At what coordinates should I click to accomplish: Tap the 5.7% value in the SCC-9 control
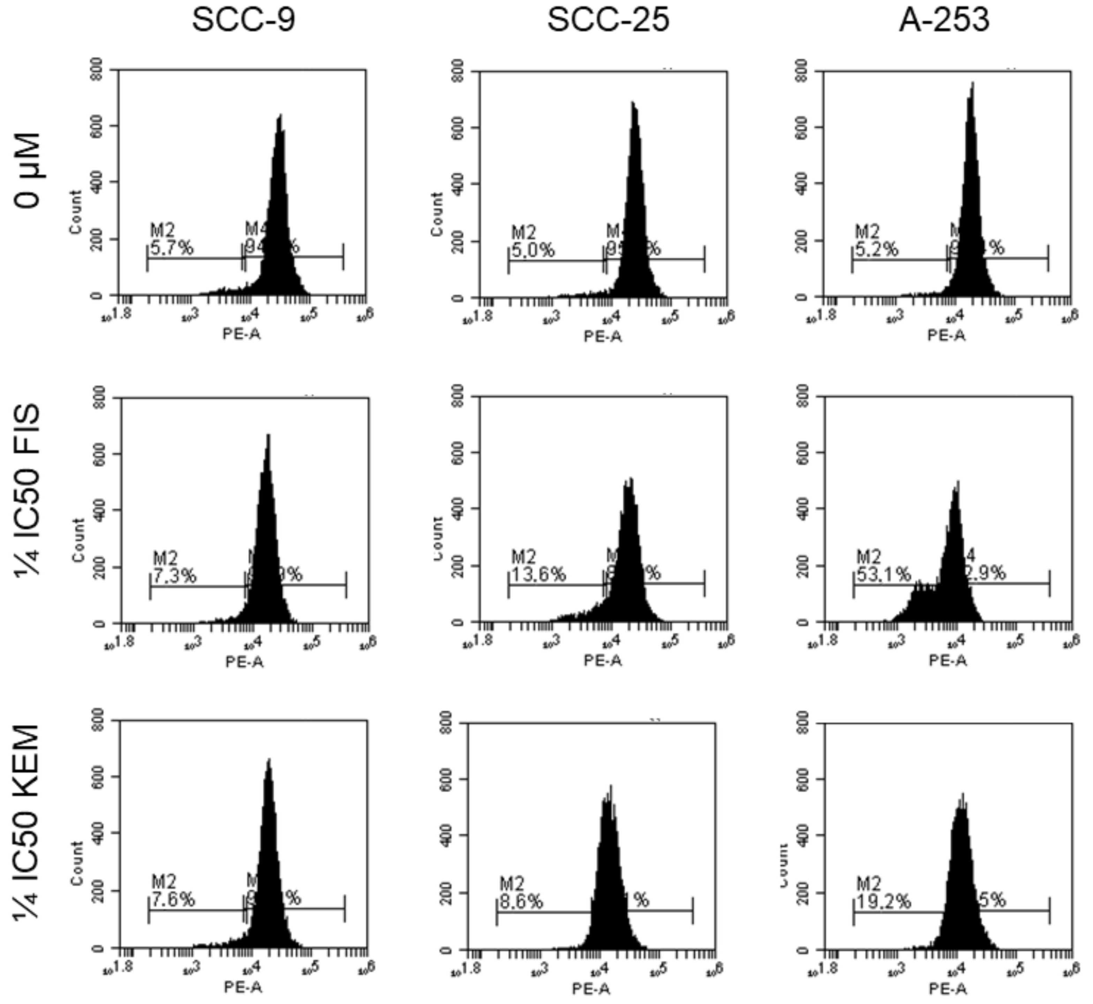171,249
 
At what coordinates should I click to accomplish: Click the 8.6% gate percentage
521,902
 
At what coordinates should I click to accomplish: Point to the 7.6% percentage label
172,900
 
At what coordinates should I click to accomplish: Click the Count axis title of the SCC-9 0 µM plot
76,212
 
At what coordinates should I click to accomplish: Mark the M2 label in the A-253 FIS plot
868,557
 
